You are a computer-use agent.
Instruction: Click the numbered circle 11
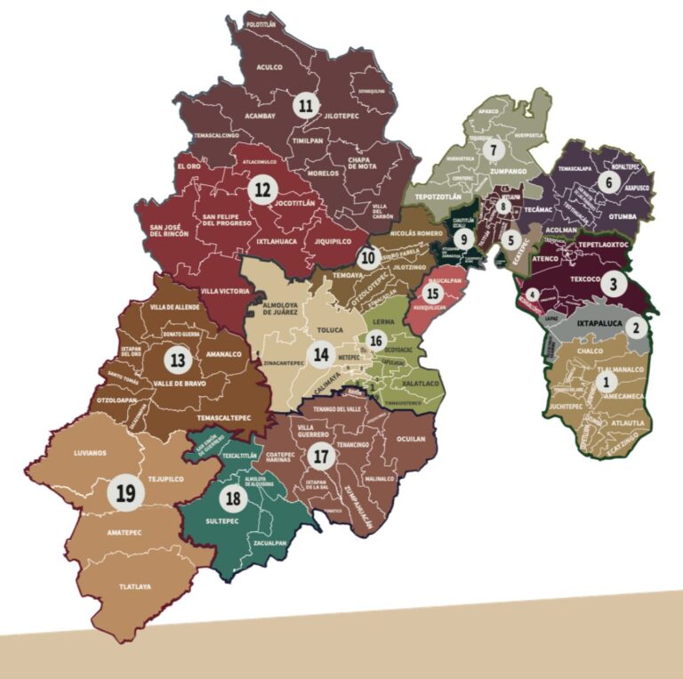tap(308, 106)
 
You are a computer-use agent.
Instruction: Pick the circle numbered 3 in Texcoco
tap(614, 285)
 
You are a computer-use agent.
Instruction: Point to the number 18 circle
tap(234, 498)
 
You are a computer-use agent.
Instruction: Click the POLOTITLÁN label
tap(264, 25)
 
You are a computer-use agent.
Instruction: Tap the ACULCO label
tap(269, 67)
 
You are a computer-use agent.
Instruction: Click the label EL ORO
tap(193, 166)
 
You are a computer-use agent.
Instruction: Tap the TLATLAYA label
tap(136, 586)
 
